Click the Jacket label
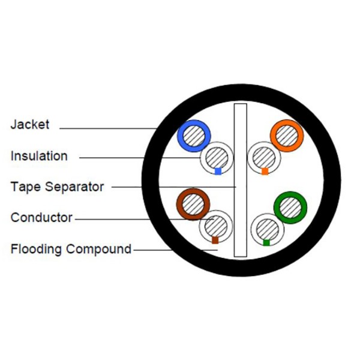(30, 125)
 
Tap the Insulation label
(39, 156)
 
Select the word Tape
(25, 187)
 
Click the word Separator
(74, 187)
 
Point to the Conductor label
(41, 217)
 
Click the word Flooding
(36, 249)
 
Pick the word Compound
(99, 249)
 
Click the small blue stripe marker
(218, 171)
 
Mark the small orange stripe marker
(265, 171)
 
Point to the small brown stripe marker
(215, 240)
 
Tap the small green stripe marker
(266, 242)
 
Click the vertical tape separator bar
(241, 180)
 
